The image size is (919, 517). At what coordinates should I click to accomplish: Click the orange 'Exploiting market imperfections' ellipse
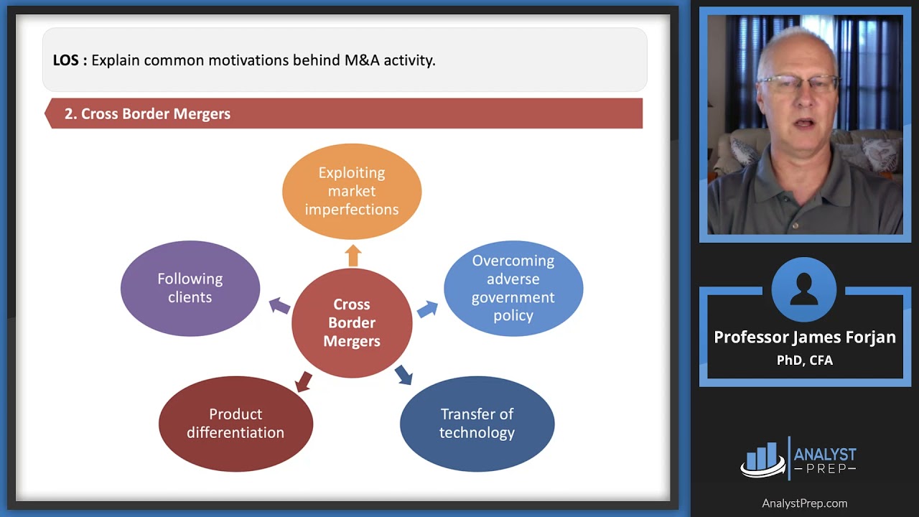(352, 191)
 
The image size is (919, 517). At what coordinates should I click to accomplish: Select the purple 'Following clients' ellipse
(190, 288)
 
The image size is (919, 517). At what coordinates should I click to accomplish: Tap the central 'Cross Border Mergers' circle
(352, 323)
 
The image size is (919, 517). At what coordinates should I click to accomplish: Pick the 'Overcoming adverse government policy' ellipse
(513, 288)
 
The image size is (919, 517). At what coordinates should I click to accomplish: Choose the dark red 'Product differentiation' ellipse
(235, 424)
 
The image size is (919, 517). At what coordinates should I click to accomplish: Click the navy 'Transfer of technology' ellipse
(477, 424)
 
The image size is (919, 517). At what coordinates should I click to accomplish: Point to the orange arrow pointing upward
(353, 255)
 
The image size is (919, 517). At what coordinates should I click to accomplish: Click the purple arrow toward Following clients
(279, 306)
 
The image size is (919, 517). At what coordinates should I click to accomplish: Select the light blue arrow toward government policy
(427, 309)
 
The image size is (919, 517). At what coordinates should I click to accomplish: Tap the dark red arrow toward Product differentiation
(304, 381)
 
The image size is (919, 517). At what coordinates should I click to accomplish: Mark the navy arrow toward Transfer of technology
(403, 374)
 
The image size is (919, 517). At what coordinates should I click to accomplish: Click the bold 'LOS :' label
(70, 60)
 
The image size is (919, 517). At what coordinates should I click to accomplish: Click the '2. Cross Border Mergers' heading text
(147, 113)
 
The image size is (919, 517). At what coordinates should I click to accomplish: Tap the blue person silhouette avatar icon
(804, 290)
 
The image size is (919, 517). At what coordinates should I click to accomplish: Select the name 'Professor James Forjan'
(804, 337)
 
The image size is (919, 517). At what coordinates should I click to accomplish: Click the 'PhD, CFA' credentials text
(804, 360)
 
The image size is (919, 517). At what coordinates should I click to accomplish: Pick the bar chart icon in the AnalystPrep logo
(762, 458)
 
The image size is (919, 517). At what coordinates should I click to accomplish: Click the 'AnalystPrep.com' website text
(804, 503)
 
